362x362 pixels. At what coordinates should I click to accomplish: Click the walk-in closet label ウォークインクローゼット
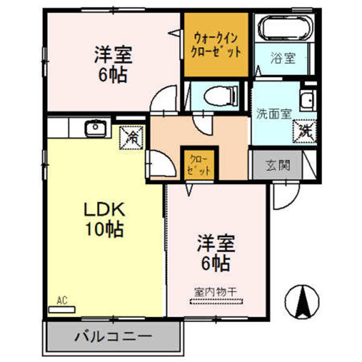[215, 45]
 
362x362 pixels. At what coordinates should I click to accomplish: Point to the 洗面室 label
[273, 113]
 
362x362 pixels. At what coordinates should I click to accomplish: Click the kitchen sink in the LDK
[95, 128]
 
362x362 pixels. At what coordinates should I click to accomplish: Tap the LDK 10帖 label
[104, 219]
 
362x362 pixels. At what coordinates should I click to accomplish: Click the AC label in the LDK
[62, 299]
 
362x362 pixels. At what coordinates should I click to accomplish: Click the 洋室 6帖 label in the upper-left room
[112, 65]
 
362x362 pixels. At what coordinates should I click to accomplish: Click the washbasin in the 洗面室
[307, 100]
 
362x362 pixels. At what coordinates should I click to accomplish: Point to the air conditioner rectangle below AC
[62, 309]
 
